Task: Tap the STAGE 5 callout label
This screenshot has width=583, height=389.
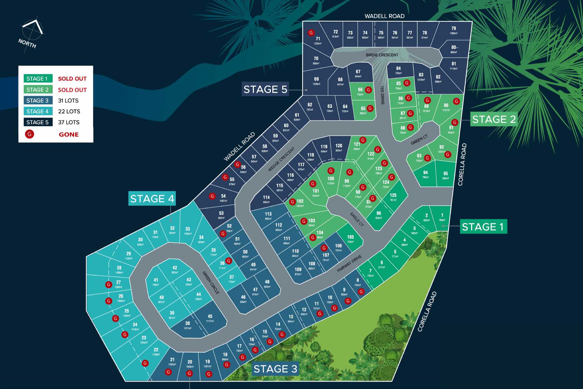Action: (x=265, y=89)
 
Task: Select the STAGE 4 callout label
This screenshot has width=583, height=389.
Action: (x=152, y=198)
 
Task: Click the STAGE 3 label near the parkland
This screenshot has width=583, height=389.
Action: (x=275, y=369)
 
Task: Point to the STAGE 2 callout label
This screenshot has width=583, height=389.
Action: (x=494, y=119)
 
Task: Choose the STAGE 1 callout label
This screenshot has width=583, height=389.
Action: (x=483, y=227)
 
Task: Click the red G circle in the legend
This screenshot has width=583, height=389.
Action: (x=30, y=134)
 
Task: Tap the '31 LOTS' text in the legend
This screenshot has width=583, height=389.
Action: (x=68, y=100)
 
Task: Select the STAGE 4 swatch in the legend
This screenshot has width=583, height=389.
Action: (x=38, y=111)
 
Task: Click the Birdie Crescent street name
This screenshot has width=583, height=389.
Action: (x=382, y=55)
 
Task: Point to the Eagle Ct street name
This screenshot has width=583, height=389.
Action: (x=357, y=219)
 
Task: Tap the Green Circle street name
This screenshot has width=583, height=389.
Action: (x=211, y=283)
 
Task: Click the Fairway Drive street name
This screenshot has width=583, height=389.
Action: (x=349, y=263)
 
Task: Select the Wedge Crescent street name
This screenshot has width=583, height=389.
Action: (x=281, y=159)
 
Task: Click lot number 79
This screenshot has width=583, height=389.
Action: (x=453, y=28)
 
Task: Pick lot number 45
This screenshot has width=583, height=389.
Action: (x=210, y=316)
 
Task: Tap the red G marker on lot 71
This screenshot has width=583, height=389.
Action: (x=311, y=33)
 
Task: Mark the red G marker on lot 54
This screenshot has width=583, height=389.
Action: (x=213, y=196)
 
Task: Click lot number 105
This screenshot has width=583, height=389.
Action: (x=350, y=237)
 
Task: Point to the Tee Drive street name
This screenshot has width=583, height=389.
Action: (x=382, y=95)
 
